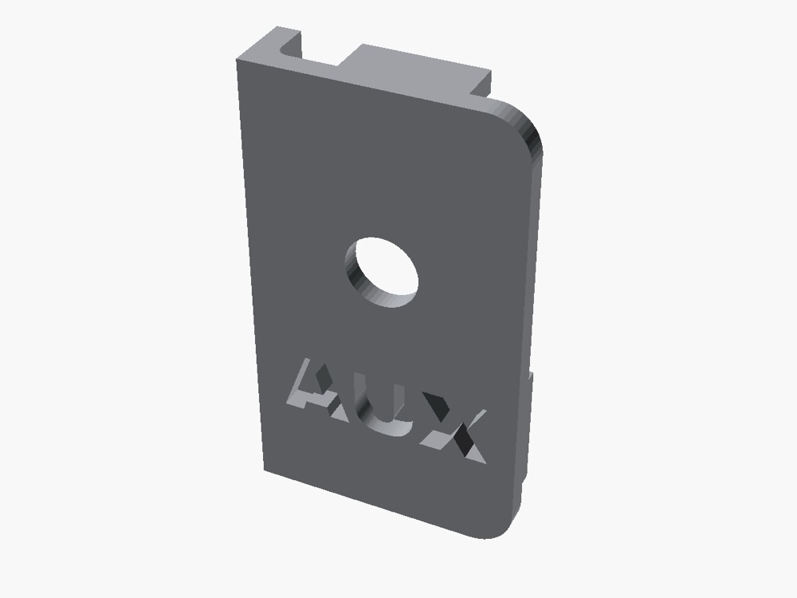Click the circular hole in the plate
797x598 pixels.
tap(381, 272)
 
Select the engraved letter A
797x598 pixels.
tap(318, 391)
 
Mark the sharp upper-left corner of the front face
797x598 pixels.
tap(237, 61)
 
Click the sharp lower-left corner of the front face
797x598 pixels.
tap(265, 470)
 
